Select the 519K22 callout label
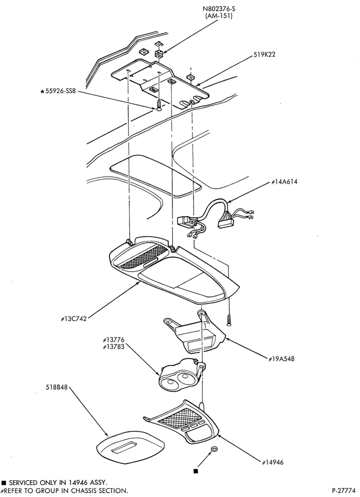[x=264, y=55]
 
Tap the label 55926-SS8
[x=61, y=92]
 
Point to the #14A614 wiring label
[x=284, y=182]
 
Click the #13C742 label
[x=74, y=319]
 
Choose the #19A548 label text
[x=281, y=359]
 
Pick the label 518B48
[x=57, y=387]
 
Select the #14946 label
[x=273, y=462]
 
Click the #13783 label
[x=113, y=347]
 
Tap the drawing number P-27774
[x=344, y=491]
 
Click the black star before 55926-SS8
[x=42, y=92]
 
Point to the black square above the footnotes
[x=196, y=471]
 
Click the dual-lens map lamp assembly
[x=181, y=376]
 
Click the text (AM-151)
[x=219, y=16]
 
